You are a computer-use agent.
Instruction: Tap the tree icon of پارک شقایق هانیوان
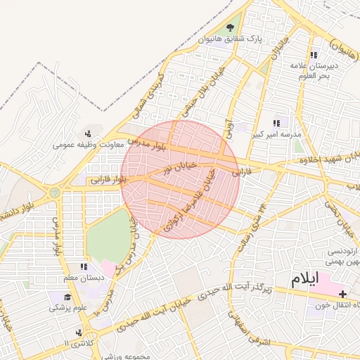click(230, 27)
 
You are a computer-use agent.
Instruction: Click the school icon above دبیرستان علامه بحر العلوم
click(314, 54)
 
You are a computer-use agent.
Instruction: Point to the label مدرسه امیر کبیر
click(282, 134)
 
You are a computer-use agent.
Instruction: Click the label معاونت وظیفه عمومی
click(89, 146)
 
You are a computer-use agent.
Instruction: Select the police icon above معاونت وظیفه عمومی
click(88, 134)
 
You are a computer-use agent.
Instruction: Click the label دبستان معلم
click(83, 278)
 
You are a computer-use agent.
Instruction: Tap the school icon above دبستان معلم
click(84, 266)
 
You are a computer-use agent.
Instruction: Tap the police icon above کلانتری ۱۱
click(77, 333)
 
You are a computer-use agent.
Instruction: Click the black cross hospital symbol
click(342, 294)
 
